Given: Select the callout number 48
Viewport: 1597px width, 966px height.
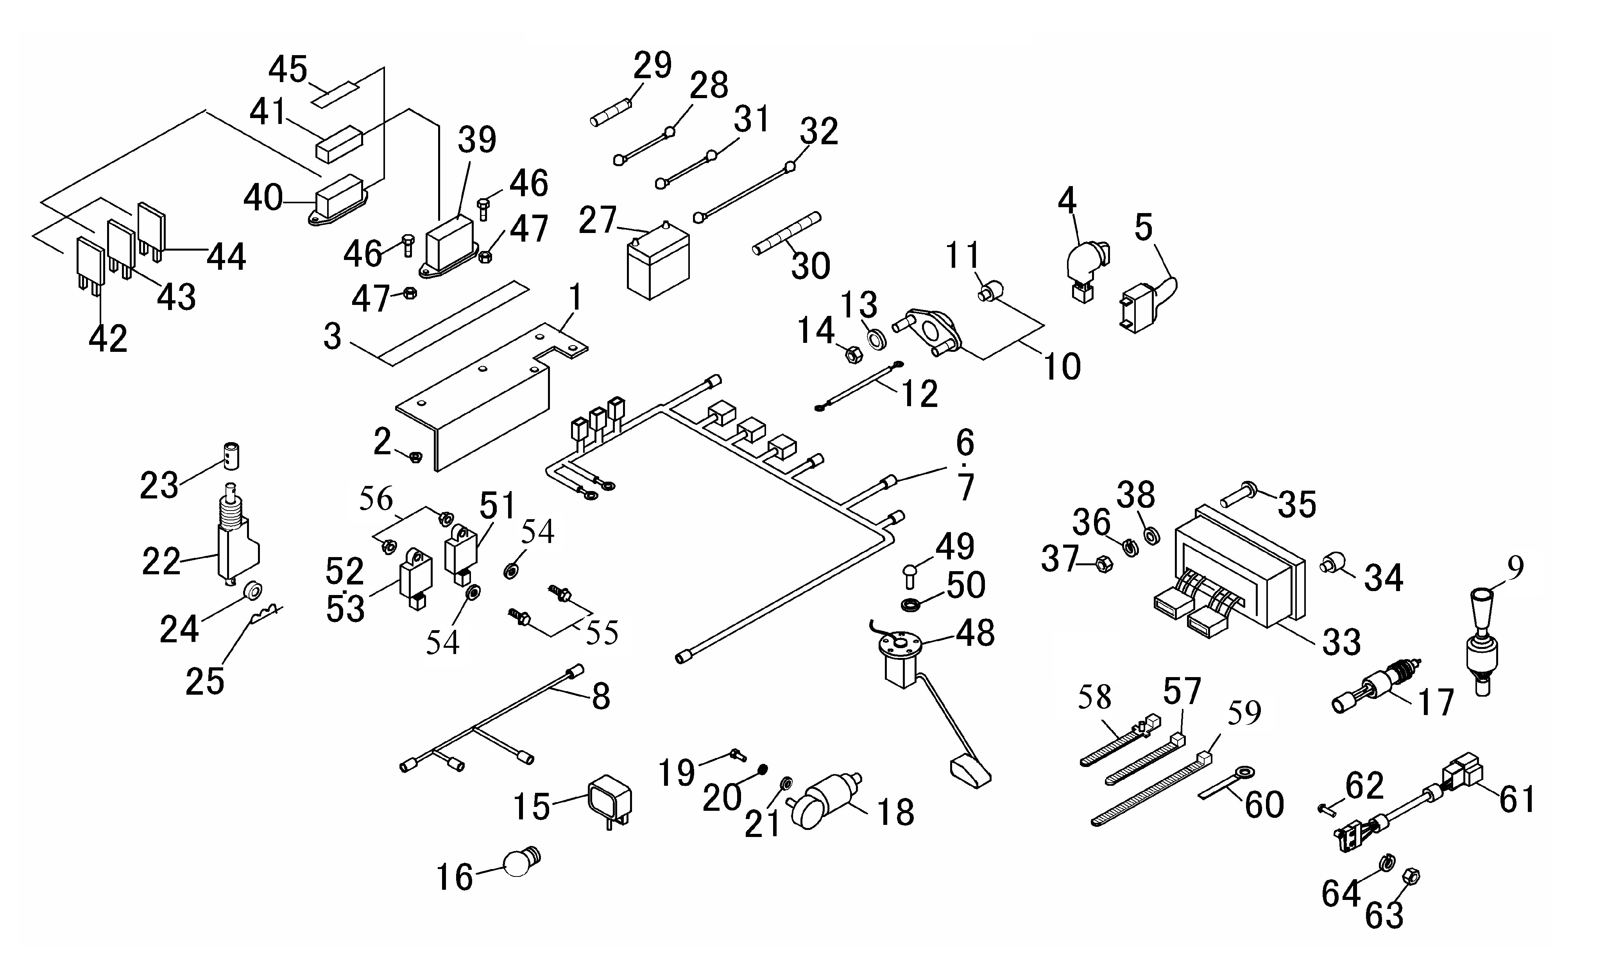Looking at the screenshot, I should click(x=976, y=633).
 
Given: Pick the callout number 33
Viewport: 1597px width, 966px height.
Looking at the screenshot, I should click(x=1342, y=642).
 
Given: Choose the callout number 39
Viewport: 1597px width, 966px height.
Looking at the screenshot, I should click(x=477, y=140).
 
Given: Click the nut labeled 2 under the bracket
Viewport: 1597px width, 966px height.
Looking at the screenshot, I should click(x=417, y=457).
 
